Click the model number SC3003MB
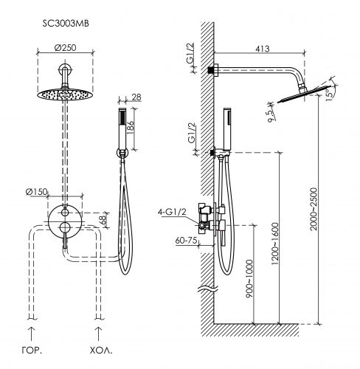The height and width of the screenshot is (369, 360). [66, 24]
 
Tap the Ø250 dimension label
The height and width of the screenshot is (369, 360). [65, 47]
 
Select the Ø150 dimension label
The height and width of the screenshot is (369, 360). [36, 192]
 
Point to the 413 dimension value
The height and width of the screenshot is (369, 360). [263, 49]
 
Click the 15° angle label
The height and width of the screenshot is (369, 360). [329, 94]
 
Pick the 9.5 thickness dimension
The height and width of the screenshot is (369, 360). [271, 115]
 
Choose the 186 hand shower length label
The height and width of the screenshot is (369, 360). [130, 128]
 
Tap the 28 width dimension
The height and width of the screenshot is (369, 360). [136, 97]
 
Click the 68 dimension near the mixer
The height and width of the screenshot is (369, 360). [103, 218]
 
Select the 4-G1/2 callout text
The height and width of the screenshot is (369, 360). [172, 212]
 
